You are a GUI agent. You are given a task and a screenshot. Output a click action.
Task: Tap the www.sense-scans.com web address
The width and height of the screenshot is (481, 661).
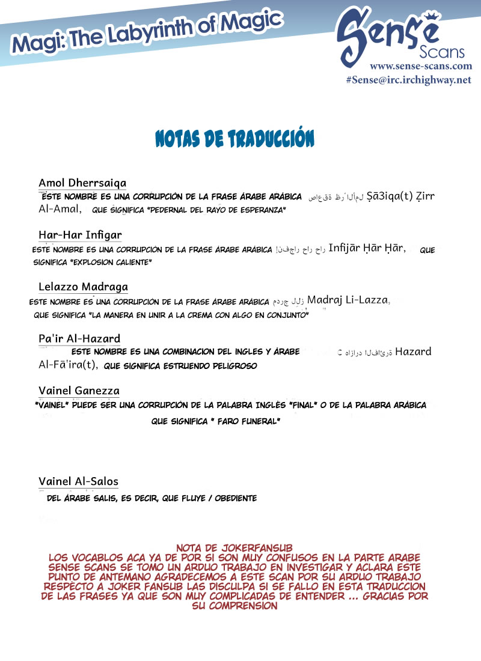click(420, 66)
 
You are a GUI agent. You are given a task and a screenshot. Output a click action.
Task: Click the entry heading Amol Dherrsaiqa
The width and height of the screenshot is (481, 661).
click(82, 183)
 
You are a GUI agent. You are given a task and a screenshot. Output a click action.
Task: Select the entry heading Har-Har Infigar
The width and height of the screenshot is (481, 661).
click(81, 234)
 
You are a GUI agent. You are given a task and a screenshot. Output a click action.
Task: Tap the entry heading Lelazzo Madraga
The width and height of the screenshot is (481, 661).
click(83, 287)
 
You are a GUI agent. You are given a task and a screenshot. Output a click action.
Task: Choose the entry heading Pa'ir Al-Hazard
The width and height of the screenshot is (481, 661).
click(79, 339)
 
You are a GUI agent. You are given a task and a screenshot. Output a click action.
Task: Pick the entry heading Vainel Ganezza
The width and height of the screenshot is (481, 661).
click(79, 391)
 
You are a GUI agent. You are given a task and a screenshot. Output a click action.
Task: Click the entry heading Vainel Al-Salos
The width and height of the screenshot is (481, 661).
click(78, 481)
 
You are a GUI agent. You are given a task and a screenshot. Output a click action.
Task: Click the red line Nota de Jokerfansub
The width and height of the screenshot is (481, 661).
click(234, 548)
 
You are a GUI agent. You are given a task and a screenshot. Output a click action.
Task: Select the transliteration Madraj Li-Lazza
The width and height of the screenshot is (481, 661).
click(349, 300)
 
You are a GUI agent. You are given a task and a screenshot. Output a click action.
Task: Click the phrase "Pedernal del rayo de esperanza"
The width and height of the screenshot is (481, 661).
click(205, 210)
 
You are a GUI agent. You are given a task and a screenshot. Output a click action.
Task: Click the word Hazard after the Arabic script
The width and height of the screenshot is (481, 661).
click(413, 352)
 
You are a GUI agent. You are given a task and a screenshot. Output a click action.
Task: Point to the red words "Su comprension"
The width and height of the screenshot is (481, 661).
click(234, 606)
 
